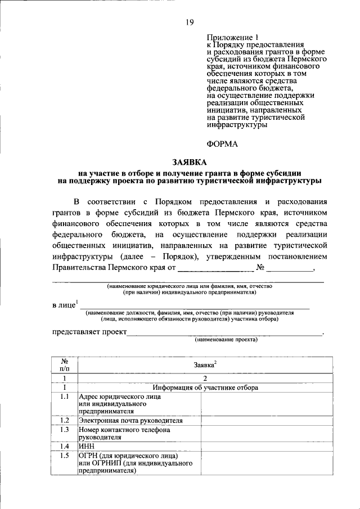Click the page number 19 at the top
coord(190,22)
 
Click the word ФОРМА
coord(222,144)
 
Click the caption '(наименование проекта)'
coord(226,340)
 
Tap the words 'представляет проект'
coord(89,331)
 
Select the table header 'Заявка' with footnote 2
coord(205,364)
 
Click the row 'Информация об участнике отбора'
coord(205,388)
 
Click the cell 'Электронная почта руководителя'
coord(130,420)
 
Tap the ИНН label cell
coord(87,445)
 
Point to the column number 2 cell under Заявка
coord(205,379)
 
